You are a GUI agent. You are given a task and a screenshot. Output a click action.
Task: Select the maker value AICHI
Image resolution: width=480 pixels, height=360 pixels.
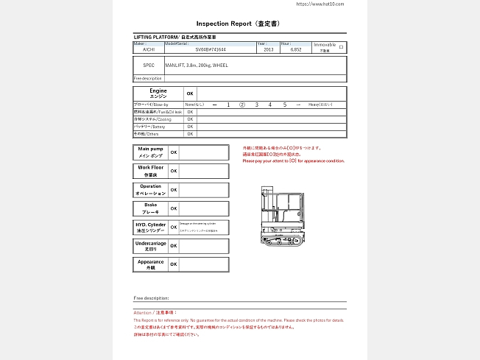pos(149,49)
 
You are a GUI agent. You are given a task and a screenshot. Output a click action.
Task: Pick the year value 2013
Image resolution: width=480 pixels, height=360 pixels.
pos(268,49)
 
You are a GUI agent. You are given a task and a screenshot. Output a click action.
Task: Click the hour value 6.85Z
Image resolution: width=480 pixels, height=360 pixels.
pos(296,49)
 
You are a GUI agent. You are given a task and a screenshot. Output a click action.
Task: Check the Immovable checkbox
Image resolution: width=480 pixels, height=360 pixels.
pos(341,46)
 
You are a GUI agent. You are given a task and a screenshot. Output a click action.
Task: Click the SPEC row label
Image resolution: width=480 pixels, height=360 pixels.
pos(149,65)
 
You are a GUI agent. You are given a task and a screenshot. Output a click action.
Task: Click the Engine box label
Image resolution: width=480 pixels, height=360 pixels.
pos(158,93)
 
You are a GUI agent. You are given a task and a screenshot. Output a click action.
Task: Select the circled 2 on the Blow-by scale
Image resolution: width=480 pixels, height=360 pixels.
pos(242,105)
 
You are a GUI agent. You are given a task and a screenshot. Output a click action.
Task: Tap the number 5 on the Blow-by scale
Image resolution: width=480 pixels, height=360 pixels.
pos(284,105)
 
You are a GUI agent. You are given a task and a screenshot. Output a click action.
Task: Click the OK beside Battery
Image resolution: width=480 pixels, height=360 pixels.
pos(190,127)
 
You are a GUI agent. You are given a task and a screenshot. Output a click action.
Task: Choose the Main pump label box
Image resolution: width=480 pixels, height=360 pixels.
pos(150,152)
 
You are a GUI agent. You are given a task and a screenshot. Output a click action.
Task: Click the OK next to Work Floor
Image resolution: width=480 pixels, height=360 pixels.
pos(174,171)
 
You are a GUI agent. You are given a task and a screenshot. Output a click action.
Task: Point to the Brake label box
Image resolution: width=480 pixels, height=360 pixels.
pos(150,208)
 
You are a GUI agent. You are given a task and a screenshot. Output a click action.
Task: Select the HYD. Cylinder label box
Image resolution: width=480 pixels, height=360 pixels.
pos(150,227)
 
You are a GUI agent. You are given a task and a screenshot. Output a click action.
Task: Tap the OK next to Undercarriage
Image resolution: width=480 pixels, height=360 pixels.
pos(174,246)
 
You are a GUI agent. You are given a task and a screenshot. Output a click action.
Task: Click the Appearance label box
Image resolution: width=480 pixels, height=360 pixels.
pos(150,264)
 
